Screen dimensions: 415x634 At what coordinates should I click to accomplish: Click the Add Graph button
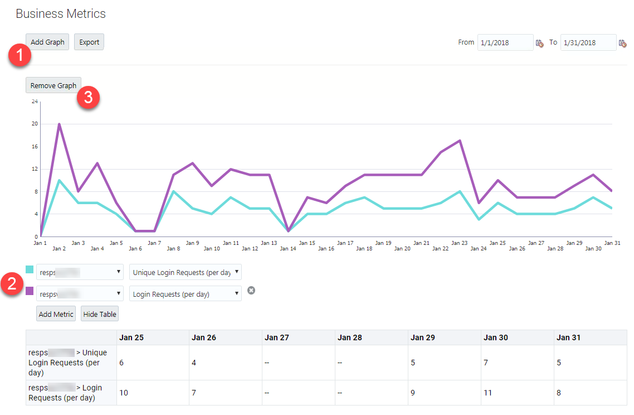47,42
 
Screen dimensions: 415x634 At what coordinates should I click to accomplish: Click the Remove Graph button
53,85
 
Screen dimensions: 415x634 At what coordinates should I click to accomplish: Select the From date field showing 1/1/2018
505,42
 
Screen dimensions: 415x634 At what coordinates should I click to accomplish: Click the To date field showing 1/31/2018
588,42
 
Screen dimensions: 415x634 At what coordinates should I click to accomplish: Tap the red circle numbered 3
88,98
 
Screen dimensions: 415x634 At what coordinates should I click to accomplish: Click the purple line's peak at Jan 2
59,124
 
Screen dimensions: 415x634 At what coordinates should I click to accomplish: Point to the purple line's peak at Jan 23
459,141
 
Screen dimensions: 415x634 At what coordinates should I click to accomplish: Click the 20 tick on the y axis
35,124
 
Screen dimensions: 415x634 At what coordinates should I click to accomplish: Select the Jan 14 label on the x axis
287,249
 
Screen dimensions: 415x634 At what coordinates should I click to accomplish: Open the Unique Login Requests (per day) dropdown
185,272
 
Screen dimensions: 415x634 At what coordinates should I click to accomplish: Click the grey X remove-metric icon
251,290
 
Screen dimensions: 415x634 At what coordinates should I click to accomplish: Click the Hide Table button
100,314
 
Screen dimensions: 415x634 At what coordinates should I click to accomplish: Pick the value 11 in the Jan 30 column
488,393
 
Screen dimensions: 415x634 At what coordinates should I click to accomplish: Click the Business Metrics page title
61,13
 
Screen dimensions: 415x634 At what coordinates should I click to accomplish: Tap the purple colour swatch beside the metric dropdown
30,291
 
